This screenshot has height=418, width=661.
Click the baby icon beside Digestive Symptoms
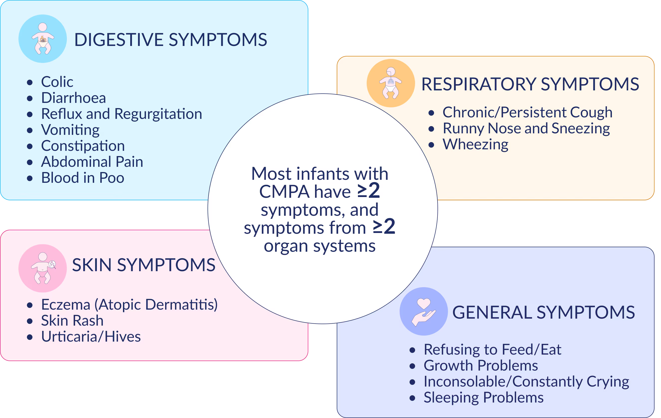coord(43,39)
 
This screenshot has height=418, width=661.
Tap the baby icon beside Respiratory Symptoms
coord(391,83)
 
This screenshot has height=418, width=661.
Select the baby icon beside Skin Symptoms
coord(43,268)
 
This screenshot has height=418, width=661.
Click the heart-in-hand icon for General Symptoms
coord(424,311)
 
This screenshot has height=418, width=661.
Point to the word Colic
coord(57,82)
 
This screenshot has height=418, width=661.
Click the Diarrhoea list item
coord(73,98)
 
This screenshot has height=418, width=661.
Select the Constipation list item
coord(83,146)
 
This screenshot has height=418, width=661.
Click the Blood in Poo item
coord(83,178)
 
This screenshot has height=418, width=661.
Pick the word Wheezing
coord(475,144)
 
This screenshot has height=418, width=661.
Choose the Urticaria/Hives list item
coord(91,337)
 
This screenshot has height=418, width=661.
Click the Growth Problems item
coord(481,366)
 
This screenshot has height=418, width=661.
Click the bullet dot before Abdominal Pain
coord(30,162)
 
